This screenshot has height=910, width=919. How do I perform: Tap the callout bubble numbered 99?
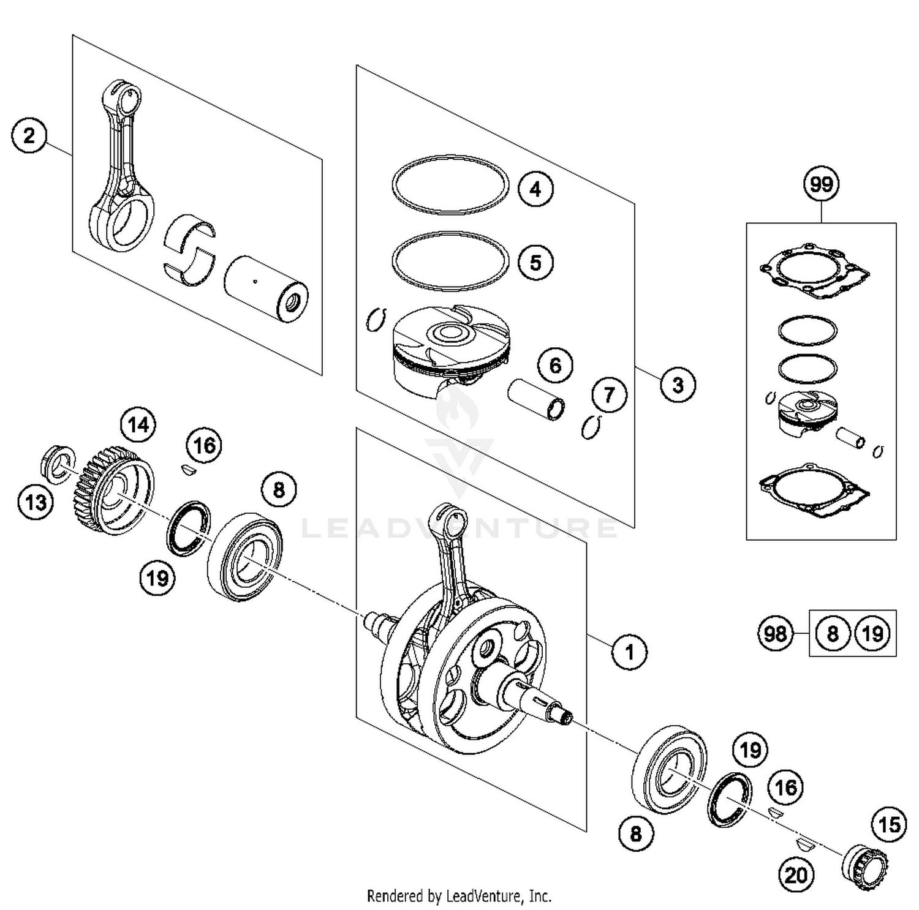pos(821,184)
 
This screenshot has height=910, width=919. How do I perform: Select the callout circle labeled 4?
pos(535,189)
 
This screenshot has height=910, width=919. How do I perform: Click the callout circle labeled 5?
pos(535,263)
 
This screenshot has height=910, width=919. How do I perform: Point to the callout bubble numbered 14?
pos(138,424)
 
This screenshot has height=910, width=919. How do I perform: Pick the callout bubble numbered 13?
pos(36,503)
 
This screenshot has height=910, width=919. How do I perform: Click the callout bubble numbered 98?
pos(775,633)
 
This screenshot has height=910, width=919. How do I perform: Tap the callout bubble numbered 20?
pos(796,875)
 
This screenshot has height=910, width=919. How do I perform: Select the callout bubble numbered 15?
pos(889,825)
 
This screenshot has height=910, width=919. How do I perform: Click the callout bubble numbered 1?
pos(629,652)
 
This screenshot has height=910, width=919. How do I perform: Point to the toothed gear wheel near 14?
pos(113,490)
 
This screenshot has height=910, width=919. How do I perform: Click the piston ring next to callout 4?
pos(450,184)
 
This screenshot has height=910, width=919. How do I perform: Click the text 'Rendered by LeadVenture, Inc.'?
pos(459,897)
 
